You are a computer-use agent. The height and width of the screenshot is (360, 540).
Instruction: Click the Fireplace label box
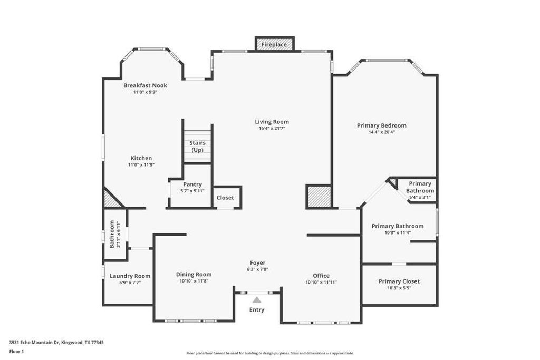274,45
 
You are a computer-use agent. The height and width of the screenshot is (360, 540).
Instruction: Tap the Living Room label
272,122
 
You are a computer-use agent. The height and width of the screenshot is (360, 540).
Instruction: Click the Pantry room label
192,184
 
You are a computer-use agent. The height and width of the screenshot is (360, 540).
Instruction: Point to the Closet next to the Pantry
225,198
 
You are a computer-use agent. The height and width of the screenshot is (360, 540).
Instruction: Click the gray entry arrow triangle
257,300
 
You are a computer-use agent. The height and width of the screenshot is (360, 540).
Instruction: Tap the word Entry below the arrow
257,310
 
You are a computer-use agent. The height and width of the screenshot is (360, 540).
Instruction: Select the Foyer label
257,262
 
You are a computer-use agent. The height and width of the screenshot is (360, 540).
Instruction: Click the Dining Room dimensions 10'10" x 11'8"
194,281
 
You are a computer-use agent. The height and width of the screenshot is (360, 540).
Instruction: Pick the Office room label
321,276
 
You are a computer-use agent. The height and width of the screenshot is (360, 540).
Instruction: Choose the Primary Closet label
399,281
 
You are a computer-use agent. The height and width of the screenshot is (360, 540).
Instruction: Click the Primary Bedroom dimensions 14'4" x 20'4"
381,132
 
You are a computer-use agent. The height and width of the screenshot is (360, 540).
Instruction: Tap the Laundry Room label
130,276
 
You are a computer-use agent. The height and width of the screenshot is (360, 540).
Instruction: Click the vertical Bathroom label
112,235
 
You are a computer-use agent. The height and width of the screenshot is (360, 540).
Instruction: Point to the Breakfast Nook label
145,85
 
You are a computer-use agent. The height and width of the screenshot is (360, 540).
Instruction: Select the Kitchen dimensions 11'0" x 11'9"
141,165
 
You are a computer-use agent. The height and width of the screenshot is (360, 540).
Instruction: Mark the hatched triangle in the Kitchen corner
110,200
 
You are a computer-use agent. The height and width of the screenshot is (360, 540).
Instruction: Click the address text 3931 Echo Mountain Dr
42,342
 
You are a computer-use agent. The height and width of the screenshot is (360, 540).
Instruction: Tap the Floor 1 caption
16,351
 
